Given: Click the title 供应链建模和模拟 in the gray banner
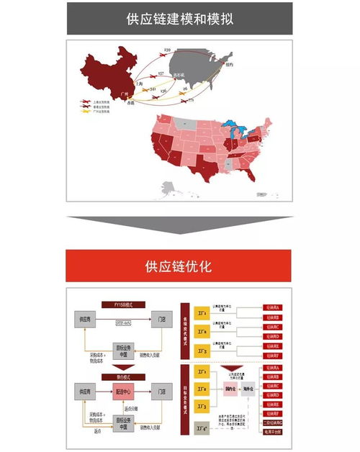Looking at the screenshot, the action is [180, 18].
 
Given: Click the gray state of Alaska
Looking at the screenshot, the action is [170, 189].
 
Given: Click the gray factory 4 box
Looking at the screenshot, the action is [202, 430].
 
